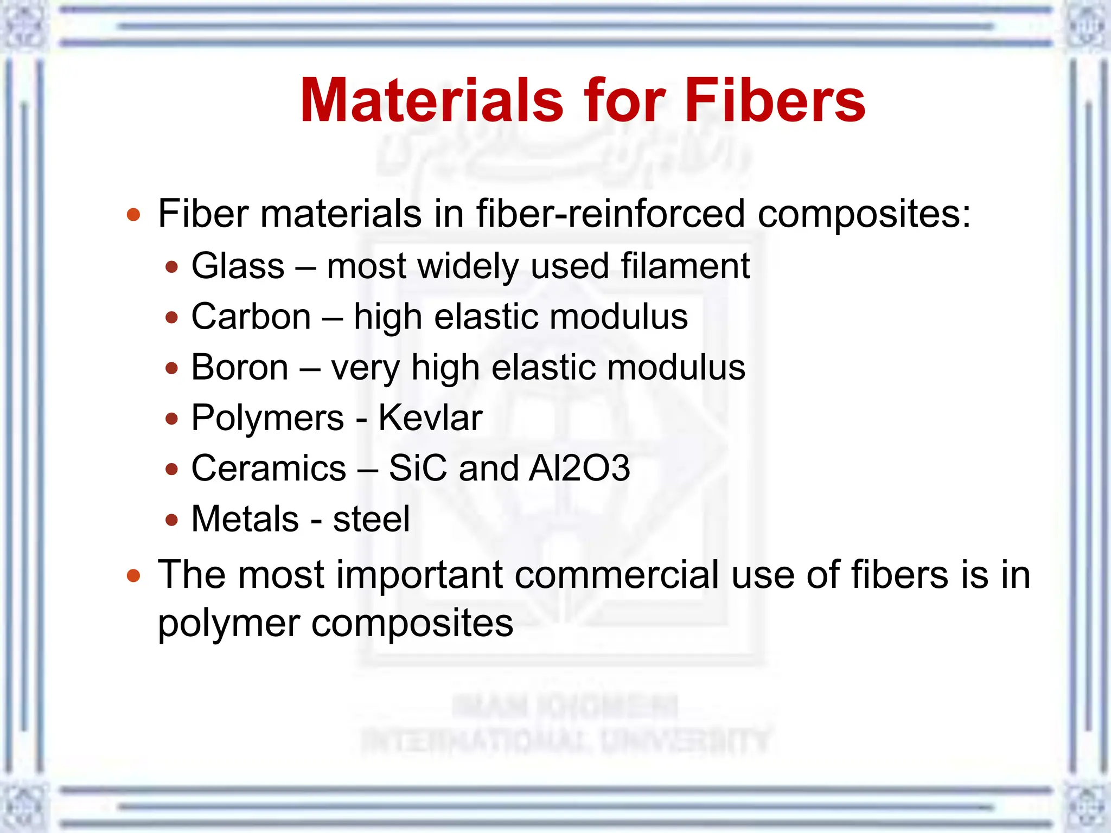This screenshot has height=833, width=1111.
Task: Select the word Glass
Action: [238, 266]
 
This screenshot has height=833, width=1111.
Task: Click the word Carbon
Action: [251, 316]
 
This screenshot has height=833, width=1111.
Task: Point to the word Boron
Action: [239, 367]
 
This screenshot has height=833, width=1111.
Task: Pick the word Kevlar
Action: [430, 418]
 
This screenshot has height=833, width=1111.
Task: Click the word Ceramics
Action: [269, 468]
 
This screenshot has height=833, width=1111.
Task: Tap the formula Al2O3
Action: [579, 468]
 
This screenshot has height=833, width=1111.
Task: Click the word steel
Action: [371, 519]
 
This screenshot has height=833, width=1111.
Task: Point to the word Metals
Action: [245, 519]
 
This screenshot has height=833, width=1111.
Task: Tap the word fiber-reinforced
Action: [610, 214]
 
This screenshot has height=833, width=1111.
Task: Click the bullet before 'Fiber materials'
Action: [133, 215]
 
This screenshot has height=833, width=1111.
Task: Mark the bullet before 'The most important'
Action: [133, 575]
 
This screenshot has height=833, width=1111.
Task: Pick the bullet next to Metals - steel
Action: [172, 520]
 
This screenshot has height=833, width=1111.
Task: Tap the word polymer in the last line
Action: [228, 624]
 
